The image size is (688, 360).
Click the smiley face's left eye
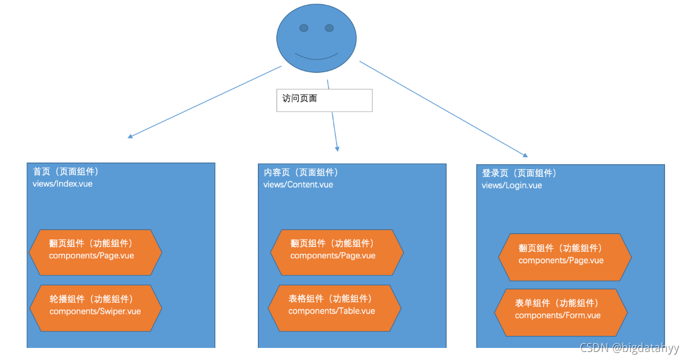pyautogui.click(x=304, y=28)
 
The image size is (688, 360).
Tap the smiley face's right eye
pyautogui.click(x=329, y=28)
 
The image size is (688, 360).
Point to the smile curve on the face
pyautogui.click(x=316, y=57)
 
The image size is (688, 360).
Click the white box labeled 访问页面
pyautogui.click(x=324, y=100)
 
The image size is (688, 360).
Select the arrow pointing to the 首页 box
pyautogui.click(x=204, y=102)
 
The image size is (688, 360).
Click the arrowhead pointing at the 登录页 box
pyautogui.click(x=524, y=155)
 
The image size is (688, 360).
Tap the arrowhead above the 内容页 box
pyautogui.click(x=337, y=148)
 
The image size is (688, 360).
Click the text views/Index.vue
pyautogui.click(x=63, y=184)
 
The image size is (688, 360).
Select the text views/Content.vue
pyautogui.click(x=298, y=184)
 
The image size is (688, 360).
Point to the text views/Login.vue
pyautogui.click(x=512, y=185)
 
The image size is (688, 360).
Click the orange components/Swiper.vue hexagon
pyautogui.click(x=95, y=308)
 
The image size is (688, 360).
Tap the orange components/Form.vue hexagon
pyautogui.click(x=561, y=312)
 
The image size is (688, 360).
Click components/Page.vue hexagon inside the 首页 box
pyautogui.click(x=95, y=253)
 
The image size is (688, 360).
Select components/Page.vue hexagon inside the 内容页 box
pyautogui.click(x=337, y=253)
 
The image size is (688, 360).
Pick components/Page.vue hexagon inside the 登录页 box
pyautogui.click(x=565, y=257)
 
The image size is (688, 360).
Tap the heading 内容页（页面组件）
pyautogui.click(x=301, y=172)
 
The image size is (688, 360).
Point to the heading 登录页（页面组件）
pyautogui.click(x=519, y=173)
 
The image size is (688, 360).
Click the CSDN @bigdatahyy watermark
pyautogui.click(x=629, y=348)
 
